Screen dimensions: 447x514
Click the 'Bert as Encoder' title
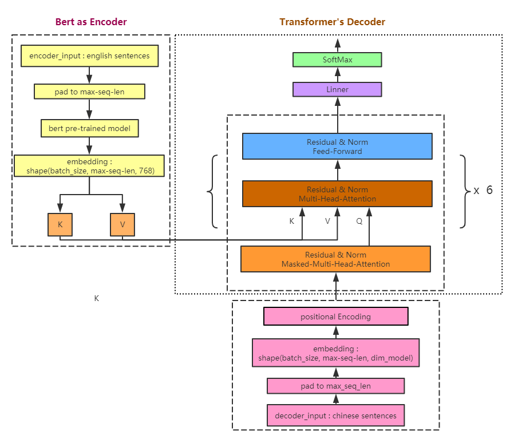point(91,22)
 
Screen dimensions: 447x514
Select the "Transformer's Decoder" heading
point(332,22)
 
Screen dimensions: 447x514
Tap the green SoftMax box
point(337,60)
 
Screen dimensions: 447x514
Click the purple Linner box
point(337,89)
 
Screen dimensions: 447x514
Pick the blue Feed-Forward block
point(337,147)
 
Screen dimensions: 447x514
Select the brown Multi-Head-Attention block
point(337,194)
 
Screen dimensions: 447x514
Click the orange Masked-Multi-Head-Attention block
point(335,259)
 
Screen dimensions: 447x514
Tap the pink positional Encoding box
point(335,317)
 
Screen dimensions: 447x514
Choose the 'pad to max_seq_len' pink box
point(335,386)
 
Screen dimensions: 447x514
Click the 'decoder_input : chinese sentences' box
point(335,416)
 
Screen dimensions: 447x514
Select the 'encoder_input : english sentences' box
point(89,56)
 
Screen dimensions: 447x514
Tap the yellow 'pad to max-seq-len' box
point(89,91)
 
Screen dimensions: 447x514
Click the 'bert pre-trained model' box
point(89,128)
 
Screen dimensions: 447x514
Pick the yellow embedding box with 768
point(89,166)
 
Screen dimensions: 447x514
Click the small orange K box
point(60,224)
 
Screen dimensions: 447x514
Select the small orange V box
point(122,224)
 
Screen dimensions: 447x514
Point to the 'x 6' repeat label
point(483,191)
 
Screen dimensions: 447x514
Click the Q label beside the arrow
point(359,220)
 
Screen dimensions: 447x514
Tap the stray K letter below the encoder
point(97,298)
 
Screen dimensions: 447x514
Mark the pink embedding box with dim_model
point(335,353)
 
